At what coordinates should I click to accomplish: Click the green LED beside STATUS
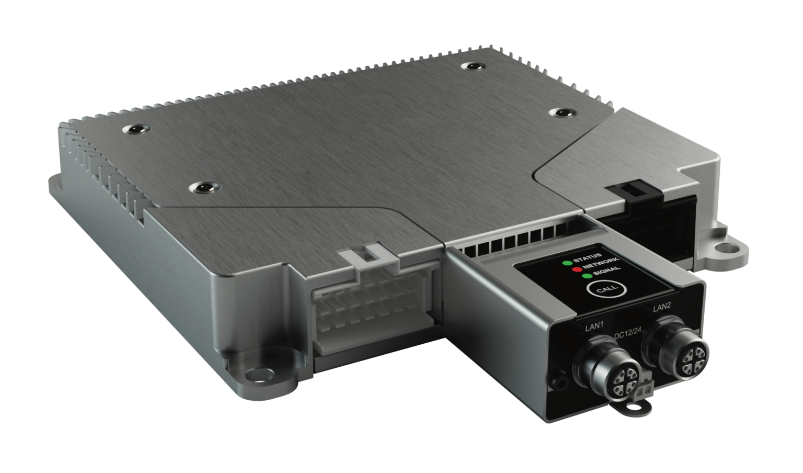566,263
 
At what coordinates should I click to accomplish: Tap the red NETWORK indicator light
576,269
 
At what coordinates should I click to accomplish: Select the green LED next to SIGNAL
587,276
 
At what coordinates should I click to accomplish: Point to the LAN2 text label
662,307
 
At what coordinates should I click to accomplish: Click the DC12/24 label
628,335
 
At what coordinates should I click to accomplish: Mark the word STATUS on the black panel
588,256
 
